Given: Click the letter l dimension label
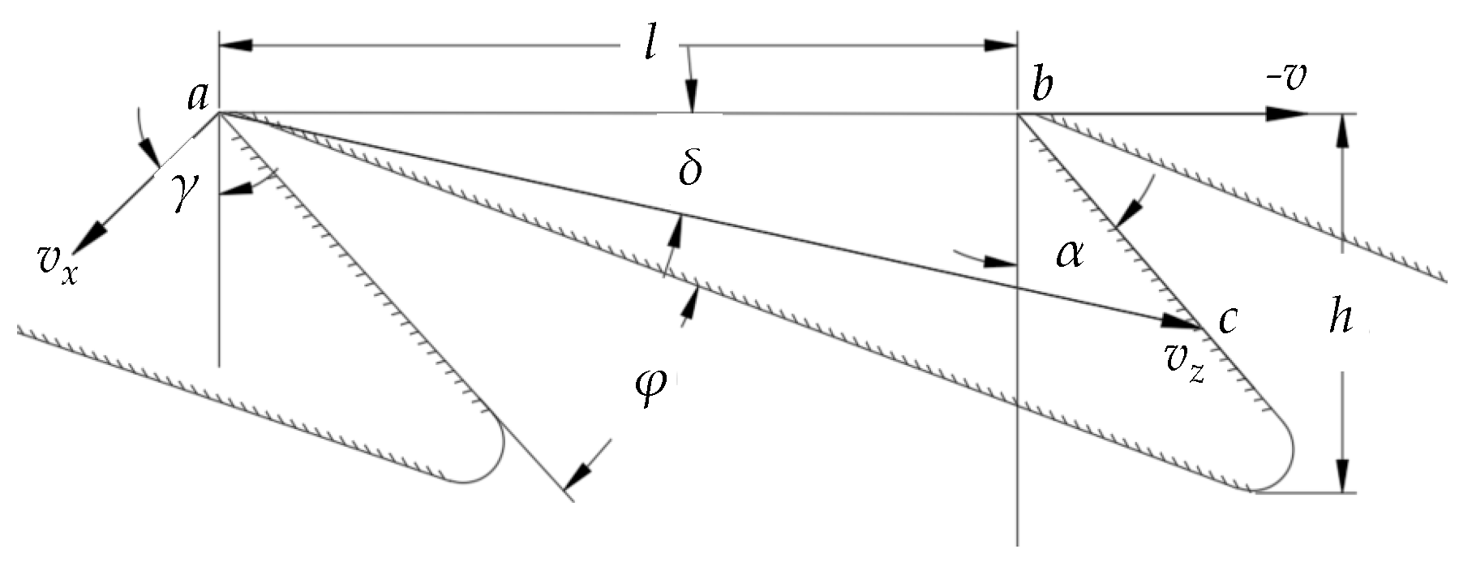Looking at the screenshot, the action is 649,45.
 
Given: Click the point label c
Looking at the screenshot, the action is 1227,320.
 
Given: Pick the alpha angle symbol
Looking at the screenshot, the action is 1069,254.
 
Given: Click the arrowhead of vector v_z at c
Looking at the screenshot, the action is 1181,322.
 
